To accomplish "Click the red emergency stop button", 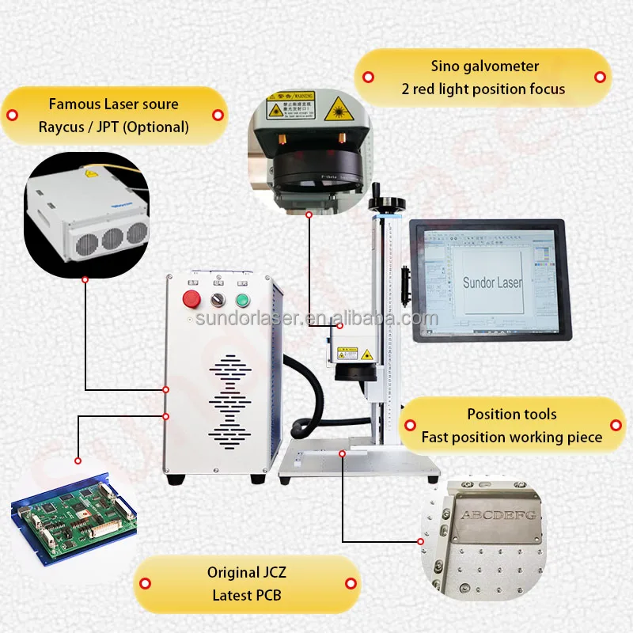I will pos(191,298).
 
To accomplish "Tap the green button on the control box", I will pos(241,299).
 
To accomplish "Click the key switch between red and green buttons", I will pos(216,299).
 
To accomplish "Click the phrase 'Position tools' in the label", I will pos(511,414).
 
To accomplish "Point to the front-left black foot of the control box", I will pos(176,479).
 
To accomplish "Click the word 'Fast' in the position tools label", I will pos(434,437).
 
